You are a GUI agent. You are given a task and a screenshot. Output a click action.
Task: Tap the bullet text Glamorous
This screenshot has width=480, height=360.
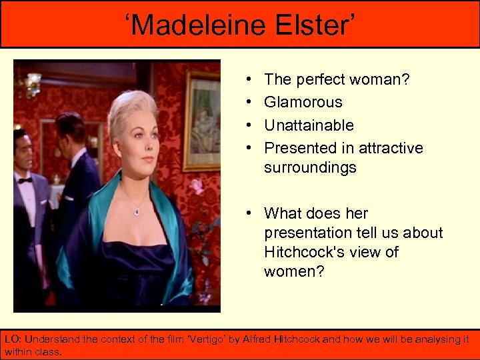pyautogui.click(x=303, y=102)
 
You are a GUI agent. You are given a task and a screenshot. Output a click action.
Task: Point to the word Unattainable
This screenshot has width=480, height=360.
pyautogui.click(x=309, y=125)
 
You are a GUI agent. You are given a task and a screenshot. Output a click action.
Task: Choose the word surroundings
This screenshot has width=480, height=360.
pyautogui.click(x=310, y=167)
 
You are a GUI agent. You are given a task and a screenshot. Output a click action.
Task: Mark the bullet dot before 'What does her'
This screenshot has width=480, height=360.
pyautogui.click(x=247, y=213)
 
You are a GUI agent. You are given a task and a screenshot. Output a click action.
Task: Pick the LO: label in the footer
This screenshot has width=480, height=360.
pyautogui.click(x=13, y=339)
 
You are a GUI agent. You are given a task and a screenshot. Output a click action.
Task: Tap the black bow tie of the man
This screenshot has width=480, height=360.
pyautogui.click(x=25, y=180)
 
